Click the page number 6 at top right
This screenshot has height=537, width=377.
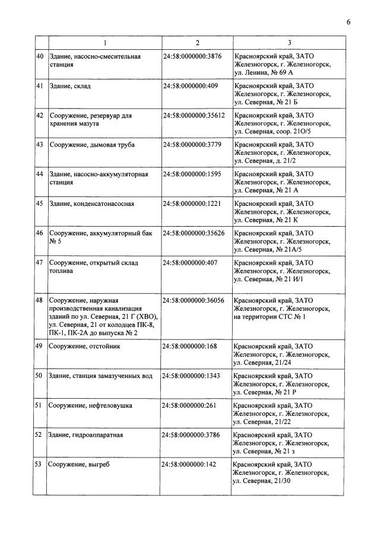coord(349,22)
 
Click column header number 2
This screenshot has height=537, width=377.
coord(197,43)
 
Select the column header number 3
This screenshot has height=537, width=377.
coord(289,43)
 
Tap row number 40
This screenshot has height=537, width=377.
coord(40,56)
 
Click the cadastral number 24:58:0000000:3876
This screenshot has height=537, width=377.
coord(191,56)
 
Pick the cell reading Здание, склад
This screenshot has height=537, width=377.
coord(70,86)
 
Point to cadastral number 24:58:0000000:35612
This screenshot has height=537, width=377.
coord(194,115)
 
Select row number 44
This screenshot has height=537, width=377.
coord(40,174)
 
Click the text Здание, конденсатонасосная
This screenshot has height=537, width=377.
coord(92,204)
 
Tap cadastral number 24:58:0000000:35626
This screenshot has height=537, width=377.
coord(194,233)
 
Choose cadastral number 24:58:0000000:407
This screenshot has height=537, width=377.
coord(189,262)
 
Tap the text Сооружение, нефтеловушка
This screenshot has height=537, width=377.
coord(91,405)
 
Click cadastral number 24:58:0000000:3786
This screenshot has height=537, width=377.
coord(191,435)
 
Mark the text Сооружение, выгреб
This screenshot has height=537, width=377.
coord(80,464)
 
